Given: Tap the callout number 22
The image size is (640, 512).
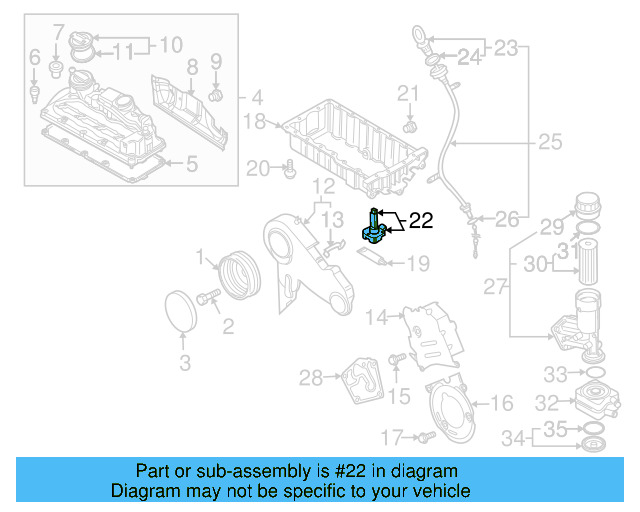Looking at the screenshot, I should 421,221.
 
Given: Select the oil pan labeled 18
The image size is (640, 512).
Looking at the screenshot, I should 350,145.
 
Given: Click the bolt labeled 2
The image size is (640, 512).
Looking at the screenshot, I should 209,297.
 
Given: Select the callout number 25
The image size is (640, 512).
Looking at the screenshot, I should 550,143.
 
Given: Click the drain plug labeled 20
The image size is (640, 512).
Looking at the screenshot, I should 289,171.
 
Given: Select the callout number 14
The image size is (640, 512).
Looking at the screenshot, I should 375,318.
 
